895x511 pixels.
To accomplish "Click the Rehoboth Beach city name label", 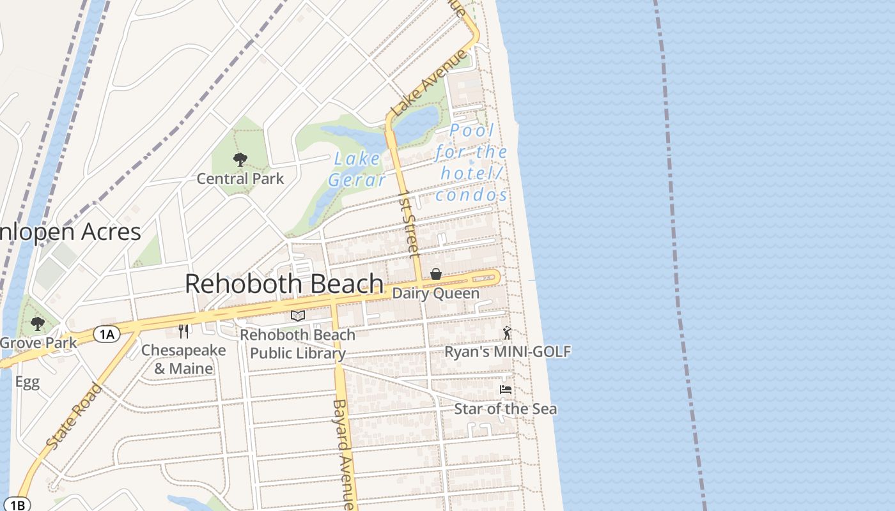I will pos(284,284).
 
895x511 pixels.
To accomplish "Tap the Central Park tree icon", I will pos(240,160).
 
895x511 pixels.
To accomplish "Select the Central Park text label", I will pos(240,178).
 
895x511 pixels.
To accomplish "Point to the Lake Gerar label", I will pos(357,169).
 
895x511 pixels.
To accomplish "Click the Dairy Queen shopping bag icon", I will pos(436,274).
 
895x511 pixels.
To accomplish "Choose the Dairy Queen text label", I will pos(435,293).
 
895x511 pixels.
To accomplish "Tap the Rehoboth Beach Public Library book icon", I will pos(298,316).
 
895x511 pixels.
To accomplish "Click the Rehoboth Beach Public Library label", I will pos(298,344).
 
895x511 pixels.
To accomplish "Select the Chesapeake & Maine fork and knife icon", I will pos(183,331).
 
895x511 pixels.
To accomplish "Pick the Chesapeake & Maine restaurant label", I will pos(183,360).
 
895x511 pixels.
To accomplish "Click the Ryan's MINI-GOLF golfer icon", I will pos(507,333).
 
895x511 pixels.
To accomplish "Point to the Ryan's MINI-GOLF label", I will pos(508,351).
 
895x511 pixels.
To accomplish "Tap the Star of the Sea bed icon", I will pos(506,389).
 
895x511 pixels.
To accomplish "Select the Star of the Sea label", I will pos(505,408).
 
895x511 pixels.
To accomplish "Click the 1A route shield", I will pos(107,333).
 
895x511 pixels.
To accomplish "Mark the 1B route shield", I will pos(17,505).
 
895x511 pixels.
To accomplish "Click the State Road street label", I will pos(74,416).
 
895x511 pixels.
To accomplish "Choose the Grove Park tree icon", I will pos(38,324).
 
